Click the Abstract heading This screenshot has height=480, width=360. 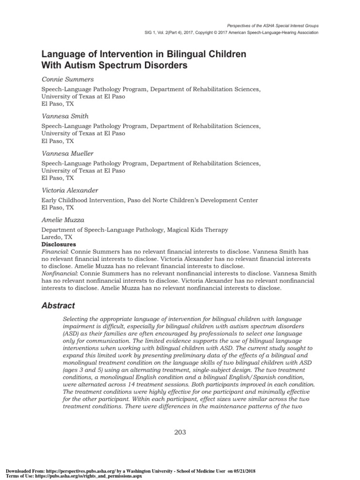[x=58, y=306]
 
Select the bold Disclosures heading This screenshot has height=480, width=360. [x=59, y=244]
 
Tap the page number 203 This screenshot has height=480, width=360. [x=180, y=432]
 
